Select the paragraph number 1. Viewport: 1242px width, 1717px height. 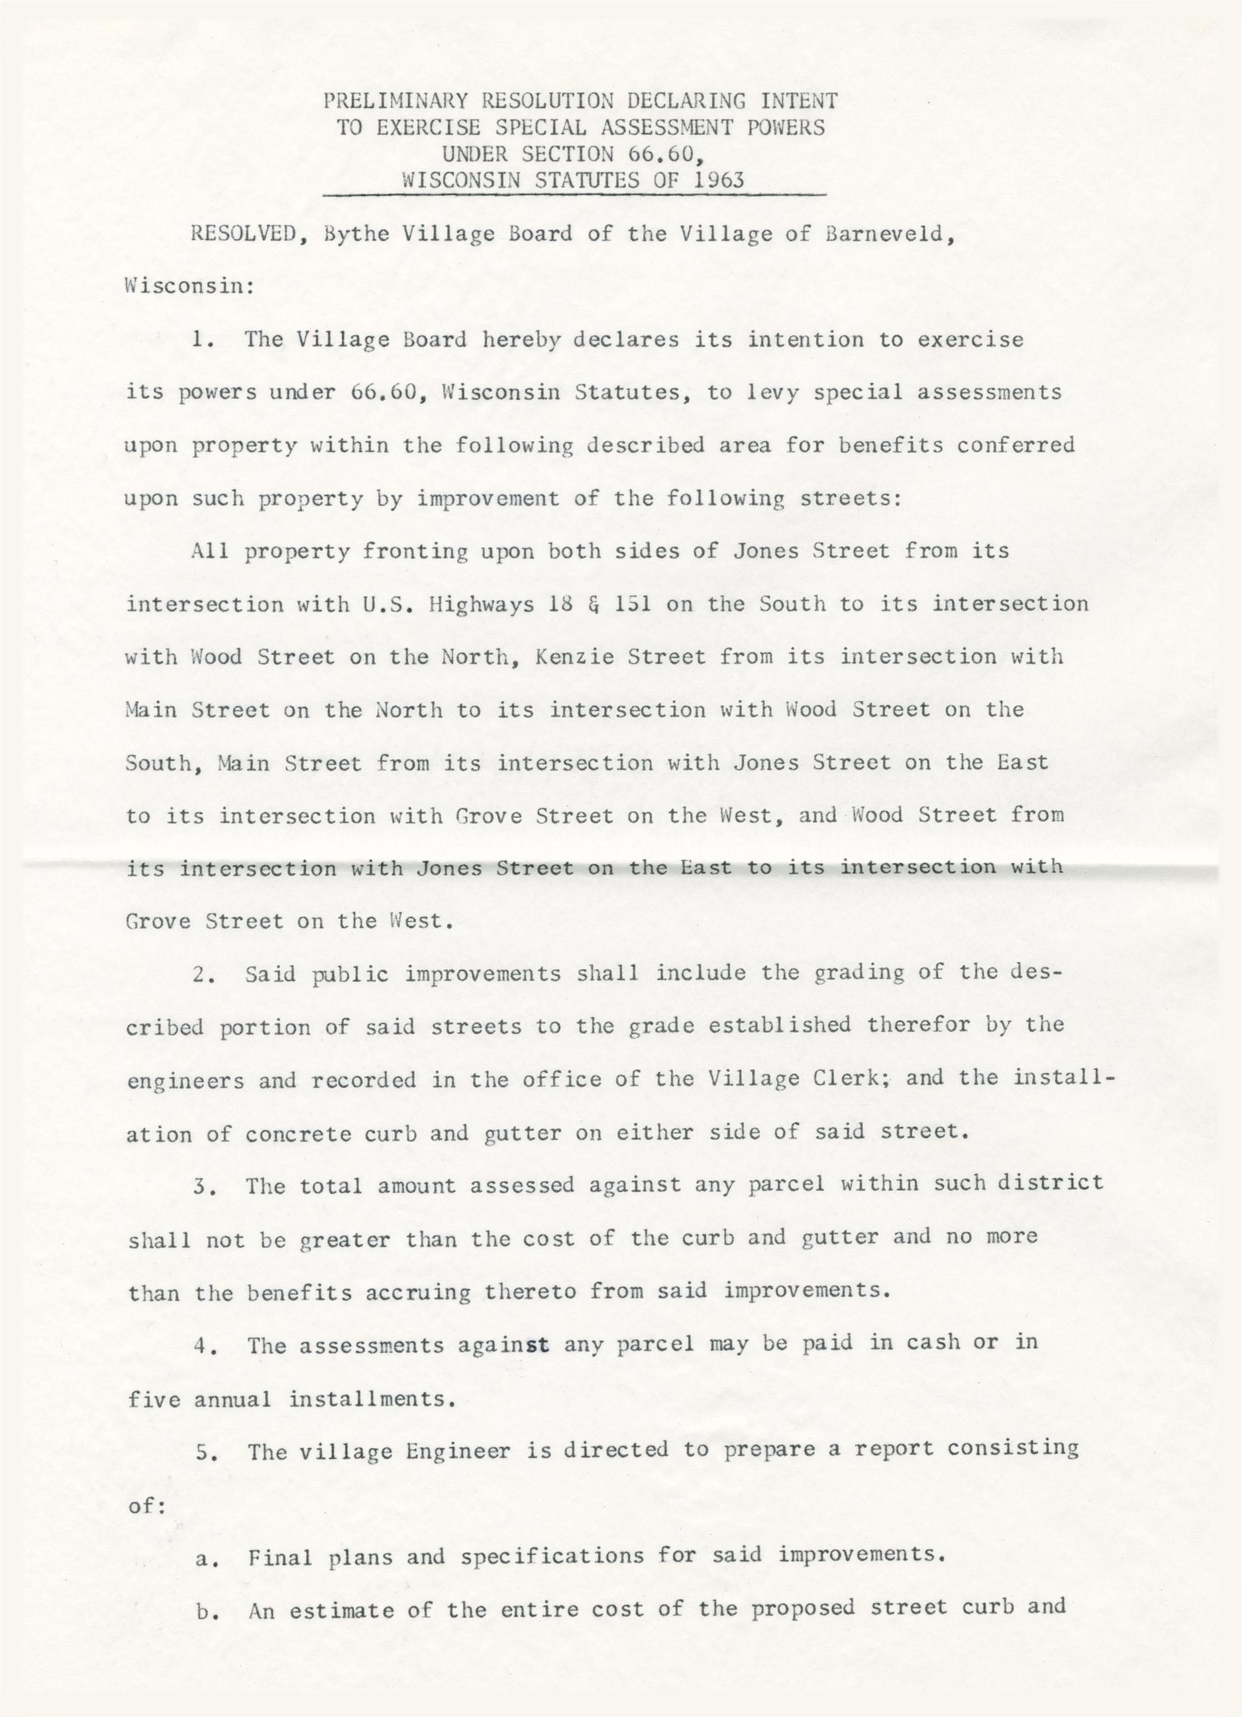199,339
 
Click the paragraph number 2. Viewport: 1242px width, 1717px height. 201,974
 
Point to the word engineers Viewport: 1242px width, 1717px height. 185,1081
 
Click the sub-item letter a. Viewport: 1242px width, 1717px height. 202,1557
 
